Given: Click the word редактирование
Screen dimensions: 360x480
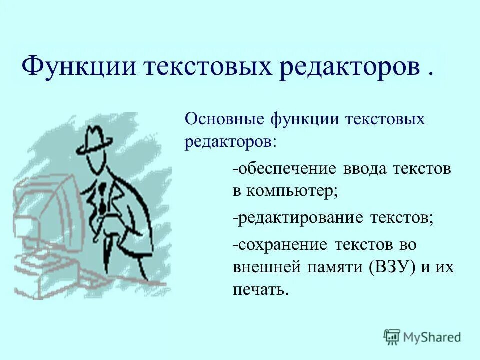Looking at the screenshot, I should coord(299,218).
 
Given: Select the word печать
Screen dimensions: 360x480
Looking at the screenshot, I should coord(259,290).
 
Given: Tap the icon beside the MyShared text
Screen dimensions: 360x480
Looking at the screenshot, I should coord(392,336).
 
